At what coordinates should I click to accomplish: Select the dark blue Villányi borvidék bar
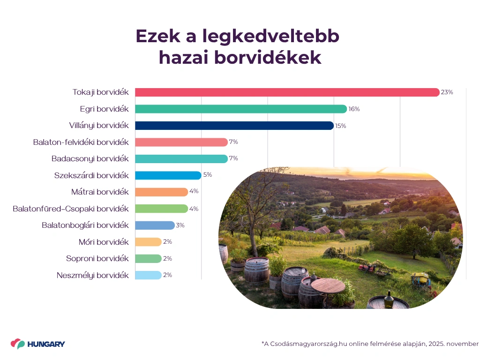click(x=234, y=126)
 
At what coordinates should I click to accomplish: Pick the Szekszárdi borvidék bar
click(x=168, y=175)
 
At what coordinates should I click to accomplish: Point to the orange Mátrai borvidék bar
click(x=161, y=192)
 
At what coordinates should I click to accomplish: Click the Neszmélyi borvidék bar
click(x=148, y=275)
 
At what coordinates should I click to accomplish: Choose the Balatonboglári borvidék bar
click(x=155, y=225)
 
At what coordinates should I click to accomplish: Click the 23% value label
click(x=447, y=92)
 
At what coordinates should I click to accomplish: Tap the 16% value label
click(x=354, y=109)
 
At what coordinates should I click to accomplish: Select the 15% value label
click(x=340, y=126)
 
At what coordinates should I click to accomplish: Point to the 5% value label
click(x=207, y=175)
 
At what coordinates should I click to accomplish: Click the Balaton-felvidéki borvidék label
click(x=81, y=142)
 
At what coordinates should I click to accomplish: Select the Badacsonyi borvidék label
click(x=90, y=158)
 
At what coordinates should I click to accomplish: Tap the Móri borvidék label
click(x=104, y=242)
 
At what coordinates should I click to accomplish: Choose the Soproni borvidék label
click(x=97, y=258)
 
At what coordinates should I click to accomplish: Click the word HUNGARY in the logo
click(x=46, y=344)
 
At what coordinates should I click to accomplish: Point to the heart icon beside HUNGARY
click(x=18, y=344)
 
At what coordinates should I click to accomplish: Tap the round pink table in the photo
click(x=328, y=285)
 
